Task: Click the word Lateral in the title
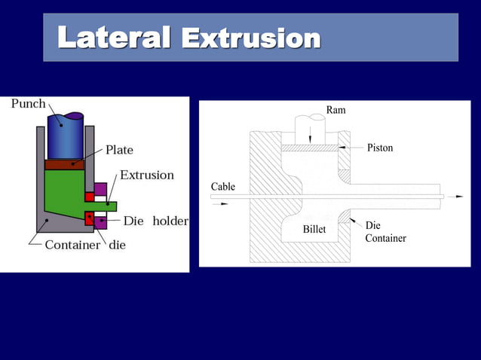(x=115, y=37)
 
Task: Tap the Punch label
(x=28, y=104)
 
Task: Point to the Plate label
(x=119, y=150)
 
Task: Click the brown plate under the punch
(x=66, y=164)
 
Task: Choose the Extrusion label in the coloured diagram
(x=147, y=175)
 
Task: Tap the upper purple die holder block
(x=100, y=189)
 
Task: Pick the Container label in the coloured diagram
(x=72, y=245)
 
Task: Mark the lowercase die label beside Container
(x=118, y=245)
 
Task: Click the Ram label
(x=336, y=111)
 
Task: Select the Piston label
(x=380, y=148)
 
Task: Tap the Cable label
(x=222, y=186)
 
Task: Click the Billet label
(x=314, y=229)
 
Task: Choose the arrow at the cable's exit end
(x=458, y=196)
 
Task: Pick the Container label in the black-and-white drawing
(x=385, y=238)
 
